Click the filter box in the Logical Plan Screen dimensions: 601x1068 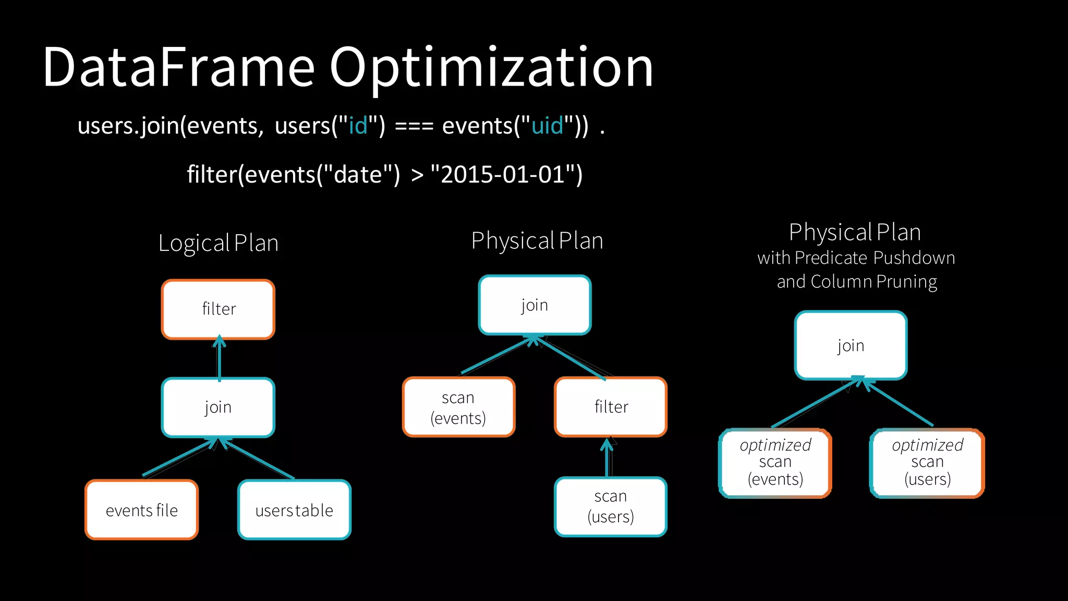point(218,309)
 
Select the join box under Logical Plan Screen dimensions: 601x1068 point(218,407)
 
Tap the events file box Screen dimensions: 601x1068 point(142,510)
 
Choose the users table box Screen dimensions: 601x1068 point(294,510)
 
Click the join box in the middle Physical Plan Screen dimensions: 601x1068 point(535,305)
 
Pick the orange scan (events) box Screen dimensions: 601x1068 point(458,407)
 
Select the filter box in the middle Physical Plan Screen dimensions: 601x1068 point(611,407)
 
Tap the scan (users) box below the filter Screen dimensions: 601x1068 point(611,507)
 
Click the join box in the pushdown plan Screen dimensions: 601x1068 point(851,345)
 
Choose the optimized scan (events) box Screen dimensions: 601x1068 point(775,463)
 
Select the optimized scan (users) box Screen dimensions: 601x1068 point(927,463)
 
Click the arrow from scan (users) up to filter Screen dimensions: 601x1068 point(607,458)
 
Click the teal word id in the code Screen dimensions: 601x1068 point(358,126)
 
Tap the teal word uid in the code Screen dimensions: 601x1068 point(547,126)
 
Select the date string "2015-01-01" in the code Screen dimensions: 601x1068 point(506,174)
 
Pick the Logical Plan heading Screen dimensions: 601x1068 point(218,243)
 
